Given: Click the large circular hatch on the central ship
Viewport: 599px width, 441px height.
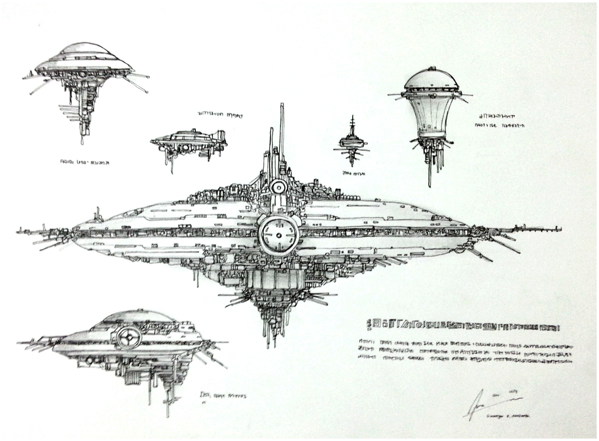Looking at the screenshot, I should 278,235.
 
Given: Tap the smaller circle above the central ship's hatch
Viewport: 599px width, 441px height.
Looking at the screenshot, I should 278,187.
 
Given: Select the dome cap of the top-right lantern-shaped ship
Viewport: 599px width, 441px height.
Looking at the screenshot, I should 431,79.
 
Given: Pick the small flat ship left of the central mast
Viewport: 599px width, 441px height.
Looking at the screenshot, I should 188,141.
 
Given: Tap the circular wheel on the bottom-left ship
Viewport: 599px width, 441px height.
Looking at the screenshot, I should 128,337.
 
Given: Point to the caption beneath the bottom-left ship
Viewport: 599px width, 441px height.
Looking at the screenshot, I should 222,397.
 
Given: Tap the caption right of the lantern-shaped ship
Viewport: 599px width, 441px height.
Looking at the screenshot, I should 500,120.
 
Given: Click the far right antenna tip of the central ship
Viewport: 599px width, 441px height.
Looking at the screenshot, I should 559,228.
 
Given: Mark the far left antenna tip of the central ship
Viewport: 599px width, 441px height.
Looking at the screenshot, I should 19,231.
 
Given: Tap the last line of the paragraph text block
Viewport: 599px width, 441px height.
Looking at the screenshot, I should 462,363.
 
